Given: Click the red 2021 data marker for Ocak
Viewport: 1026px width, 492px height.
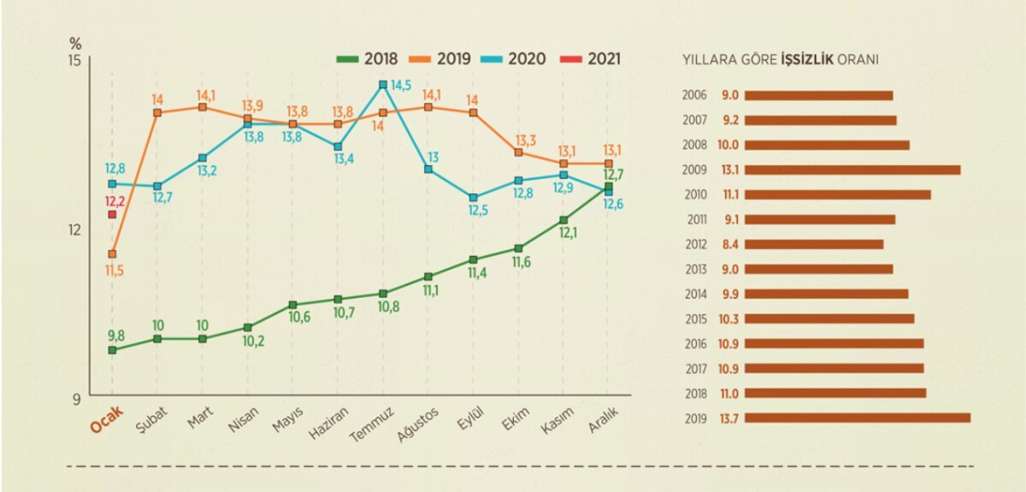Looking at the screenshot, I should point(112,215).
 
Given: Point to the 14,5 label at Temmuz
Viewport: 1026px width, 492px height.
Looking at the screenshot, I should point(402,86).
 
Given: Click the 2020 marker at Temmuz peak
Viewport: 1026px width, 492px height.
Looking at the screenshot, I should point(383,85).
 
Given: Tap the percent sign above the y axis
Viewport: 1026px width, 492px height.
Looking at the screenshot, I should point(74,42).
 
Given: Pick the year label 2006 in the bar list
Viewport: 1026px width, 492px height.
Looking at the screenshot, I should point(694,95).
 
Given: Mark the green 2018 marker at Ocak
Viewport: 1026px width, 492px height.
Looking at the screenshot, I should point(112,350).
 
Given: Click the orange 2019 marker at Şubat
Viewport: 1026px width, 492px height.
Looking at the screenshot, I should point(157,113).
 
